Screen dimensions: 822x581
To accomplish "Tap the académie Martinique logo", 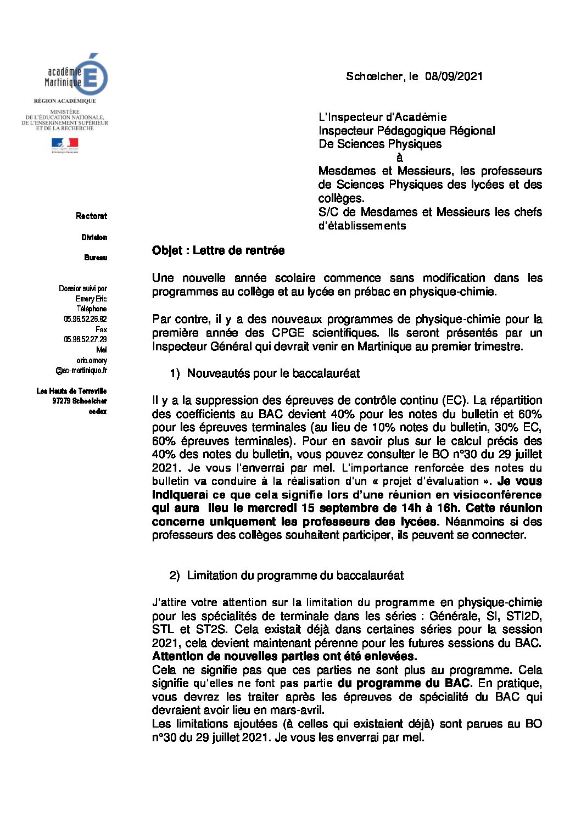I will click(76, 76).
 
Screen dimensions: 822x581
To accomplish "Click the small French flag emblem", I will click(65, 144).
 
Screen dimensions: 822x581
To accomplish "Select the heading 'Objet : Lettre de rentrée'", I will click(218, 251).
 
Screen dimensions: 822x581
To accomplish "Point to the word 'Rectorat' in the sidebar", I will click(91, 216).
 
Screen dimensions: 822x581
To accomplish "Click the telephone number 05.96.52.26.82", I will click(85, 319).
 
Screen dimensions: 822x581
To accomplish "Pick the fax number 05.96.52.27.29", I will click(85, 339).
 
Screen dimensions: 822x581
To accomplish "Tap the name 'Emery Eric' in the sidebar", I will click(91, 299).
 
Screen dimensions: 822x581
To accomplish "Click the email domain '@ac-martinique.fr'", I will click(81, 371).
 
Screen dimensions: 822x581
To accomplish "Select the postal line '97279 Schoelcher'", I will click(79, 401).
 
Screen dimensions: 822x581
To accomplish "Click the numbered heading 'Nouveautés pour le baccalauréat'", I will click(273, 374).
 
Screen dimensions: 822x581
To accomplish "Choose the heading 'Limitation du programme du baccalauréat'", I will click(295, 575).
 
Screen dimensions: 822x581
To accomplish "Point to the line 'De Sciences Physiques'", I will click(380, 144).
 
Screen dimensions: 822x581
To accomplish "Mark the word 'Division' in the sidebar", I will click(94, 237).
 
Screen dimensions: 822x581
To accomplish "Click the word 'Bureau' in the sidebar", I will click(96, 258).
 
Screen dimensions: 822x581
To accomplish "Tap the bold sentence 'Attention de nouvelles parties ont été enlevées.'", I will click(284, 656).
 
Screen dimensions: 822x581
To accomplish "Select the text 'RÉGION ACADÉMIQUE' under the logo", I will click(65, 101).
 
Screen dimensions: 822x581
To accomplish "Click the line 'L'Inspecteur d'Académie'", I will click(382, 117).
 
